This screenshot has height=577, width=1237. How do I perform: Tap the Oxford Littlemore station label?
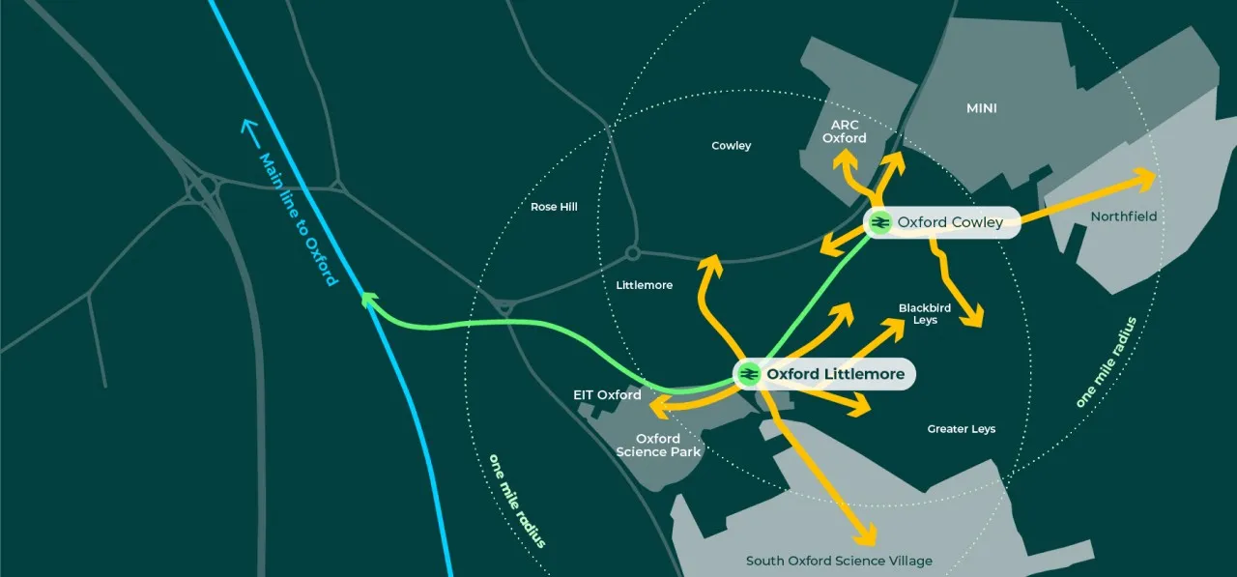835,374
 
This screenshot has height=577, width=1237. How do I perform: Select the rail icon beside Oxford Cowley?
880,222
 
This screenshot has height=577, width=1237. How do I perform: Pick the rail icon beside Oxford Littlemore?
748,374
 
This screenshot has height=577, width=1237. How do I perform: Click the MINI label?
982,108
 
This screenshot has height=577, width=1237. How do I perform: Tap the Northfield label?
1123,216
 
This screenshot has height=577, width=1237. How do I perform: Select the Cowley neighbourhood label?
731,146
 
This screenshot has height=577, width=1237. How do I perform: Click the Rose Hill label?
554,207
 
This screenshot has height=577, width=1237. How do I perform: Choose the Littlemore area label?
644,285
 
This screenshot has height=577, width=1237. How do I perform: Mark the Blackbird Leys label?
925,313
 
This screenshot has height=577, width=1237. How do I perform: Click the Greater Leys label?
961,428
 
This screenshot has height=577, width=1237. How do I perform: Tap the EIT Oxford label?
606,395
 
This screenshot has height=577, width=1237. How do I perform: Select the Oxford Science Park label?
658,445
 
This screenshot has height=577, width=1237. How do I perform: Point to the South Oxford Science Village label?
839,561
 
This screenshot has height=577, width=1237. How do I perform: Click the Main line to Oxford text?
298,218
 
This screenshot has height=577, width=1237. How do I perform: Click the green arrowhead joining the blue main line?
368,301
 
